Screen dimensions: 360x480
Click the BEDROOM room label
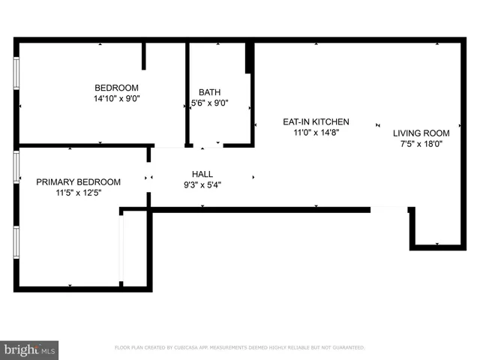116,86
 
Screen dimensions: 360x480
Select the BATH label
209,92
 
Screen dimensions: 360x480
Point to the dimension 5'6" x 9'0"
209,103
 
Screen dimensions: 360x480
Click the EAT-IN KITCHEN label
315,121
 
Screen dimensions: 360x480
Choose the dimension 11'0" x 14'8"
315,132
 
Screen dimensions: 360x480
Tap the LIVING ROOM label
421,133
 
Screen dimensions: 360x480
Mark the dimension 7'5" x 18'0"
421,144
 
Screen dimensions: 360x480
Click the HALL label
202,174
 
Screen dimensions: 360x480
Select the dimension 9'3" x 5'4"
202,184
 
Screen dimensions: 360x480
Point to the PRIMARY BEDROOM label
78,181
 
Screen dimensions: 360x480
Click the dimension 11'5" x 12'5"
78,193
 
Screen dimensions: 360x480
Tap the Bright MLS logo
29,349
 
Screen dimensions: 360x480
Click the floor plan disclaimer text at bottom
239,348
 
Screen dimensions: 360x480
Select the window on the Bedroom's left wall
16,74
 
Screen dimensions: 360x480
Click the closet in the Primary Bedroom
135,247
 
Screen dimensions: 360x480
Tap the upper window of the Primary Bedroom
16,167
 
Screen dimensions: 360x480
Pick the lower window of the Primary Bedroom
16,241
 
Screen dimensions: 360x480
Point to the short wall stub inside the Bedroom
144,56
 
